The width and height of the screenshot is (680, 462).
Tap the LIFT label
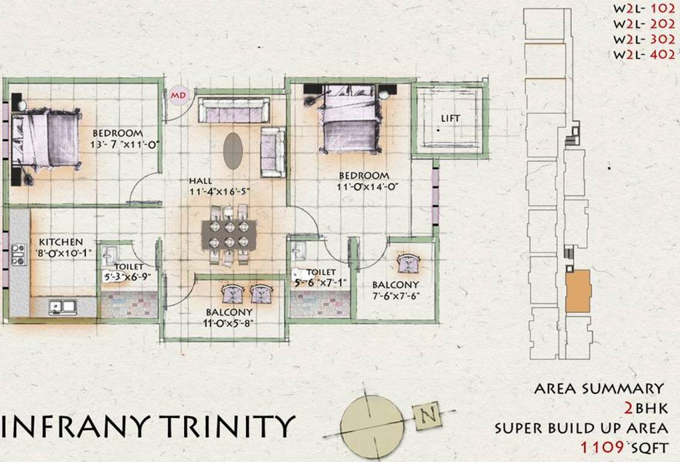tap(450, 119)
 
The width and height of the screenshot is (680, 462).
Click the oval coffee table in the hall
tap(233, 150)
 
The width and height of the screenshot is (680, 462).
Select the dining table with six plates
tap(228, 234)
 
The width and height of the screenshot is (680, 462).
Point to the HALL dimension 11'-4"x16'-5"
tap(220, 192)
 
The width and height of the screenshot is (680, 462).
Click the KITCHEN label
tap(61, 242)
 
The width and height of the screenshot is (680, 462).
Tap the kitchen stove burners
tap(18, 254)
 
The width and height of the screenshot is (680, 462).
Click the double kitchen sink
tap(62, 307)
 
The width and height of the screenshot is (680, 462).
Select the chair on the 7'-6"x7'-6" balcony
tap(410, 263)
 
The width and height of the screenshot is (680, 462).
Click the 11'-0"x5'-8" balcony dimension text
tap(229, 324)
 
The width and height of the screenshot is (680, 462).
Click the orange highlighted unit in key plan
tap(578, 291)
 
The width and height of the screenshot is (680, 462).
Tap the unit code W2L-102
tap(640, 11)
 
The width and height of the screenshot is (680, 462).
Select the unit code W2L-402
tap(640, 55)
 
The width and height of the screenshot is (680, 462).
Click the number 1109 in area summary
tap(603, 447)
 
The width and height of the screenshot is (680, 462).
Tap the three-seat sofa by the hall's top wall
tap(234, 110)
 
